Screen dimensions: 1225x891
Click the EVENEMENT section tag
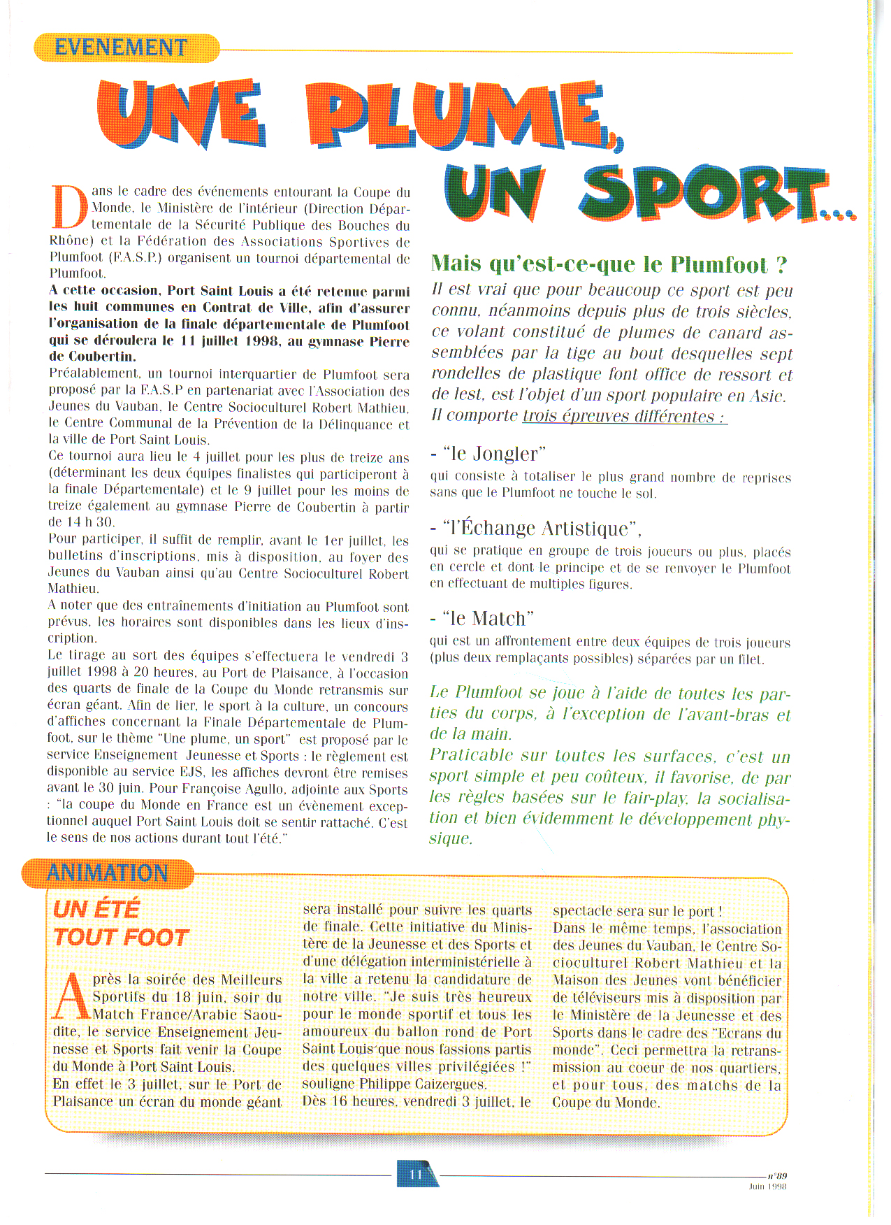tap(122, 48)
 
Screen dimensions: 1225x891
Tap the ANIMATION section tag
tap(108, 873)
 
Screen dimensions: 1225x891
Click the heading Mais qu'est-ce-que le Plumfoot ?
tap(609, 264)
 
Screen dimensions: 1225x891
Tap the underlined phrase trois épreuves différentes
tap(624, 417)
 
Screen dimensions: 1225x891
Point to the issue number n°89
tap(776, 1176)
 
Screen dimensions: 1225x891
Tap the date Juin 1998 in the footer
tap(767, 1186)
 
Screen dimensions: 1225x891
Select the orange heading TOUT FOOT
tap(121, 938)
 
